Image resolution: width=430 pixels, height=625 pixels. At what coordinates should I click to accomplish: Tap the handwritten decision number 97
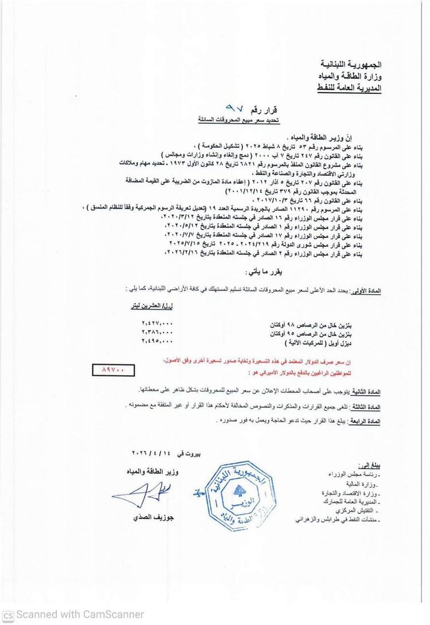click(x=236, y=107)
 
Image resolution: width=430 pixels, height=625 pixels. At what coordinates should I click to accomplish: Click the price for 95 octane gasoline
click(x=156, y=332)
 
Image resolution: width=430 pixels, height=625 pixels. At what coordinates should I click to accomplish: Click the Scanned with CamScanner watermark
click(x=73, y=615)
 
